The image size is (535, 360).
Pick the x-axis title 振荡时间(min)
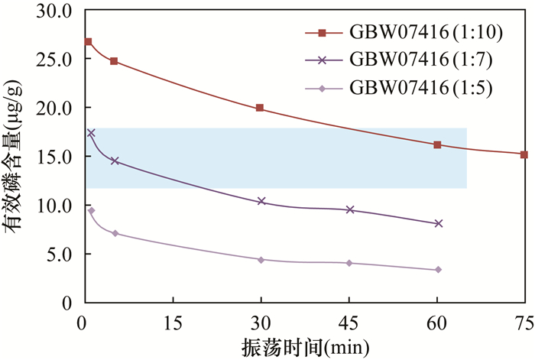point(305,346)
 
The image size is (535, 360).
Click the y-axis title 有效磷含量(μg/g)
point(16,157)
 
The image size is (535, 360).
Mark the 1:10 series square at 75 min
point(524,154)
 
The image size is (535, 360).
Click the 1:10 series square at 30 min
point(260,109)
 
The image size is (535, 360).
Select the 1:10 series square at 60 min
point(437,144)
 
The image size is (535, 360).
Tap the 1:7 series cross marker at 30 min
point(261,201)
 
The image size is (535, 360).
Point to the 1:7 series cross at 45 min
point(350,209)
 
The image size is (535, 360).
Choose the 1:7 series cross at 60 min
point(438,223)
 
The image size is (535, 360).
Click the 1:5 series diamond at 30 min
point(261,260)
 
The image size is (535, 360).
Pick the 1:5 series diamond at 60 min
point(438,270)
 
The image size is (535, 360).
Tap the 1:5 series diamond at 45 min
point(349,263)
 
